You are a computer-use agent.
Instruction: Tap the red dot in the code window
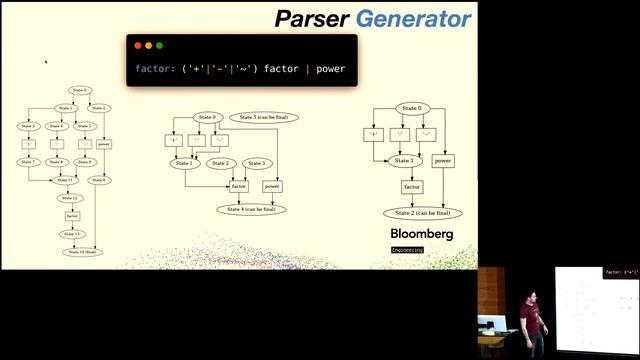pos(138,46)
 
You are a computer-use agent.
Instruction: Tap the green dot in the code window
pos(159,46)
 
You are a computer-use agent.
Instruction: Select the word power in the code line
pos(331,70)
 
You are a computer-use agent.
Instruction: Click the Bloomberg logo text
pos(421,234)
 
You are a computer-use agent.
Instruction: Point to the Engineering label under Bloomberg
pos(407,249)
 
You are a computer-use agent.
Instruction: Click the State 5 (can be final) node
pos(265,118)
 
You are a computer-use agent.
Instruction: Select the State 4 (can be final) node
pos(251,209)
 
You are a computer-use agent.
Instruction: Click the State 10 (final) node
pos(81,252)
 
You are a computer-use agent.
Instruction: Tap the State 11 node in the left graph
pos(64,179)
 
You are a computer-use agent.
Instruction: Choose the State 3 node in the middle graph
pos(256,163)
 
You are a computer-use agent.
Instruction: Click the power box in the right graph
pos(443,160)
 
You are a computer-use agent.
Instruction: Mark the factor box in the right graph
pos(412,187)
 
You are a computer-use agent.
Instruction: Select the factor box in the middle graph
pos(238,186)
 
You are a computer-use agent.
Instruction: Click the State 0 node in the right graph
pos(410,108)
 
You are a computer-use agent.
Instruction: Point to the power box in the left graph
pos(103,144)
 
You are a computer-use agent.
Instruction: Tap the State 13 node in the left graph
pos(72,234)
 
